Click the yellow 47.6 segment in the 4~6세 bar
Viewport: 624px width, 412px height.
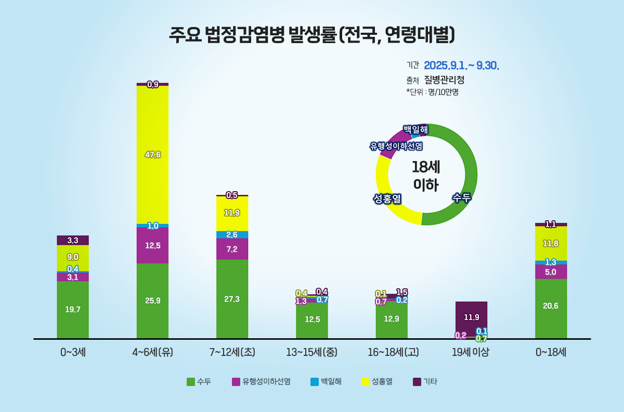click(x=152, y=155)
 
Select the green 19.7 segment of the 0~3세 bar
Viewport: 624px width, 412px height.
click(x=73, y=310)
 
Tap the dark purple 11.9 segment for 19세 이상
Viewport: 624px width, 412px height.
click(x=471, y=317)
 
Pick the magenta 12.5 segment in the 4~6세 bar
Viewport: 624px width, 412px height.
click(x=152, y=245)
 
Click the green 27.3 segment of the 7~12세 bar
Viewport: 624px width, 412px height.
click(x=232, y=299)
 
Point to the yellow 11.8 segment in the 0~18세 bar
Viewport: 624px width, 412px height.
click(x=551, y=243)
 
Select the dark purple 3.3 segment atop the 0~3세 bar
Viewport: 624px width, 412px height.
click(x=73, y=240)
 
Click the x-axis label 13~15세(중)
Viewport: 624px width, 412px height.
click(x=312, y=352)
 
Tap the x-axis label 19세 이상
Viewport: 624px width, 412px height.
click(x=471, y=352)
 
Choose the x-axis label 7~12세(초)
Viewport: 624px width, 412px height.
click(x=232, y=352)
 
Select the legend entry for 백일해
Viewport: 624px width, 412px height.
click(x=326, y=382)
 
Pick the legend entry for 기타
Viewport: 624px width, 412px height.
click(x=425, y=382)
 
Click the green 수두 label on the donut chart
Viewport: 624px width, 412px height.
click(x=461, y=197)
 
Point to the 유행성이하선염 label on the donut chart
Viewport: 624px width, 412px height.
click(x=396, y=146)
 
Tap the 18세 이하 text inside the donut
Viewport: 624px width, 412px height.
click(x=426, y=176)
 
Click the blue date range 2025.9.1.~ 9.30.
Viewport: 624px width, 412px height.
click(x=461, y=65)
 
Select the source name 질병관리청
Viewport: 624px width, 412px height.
click(x=444, y=80)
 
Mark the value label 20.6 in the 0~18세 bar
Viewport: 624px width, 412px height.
click(x=551, y=306)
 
